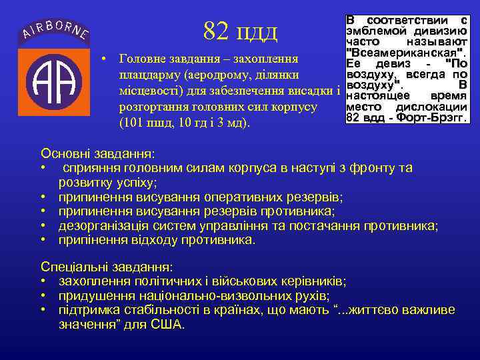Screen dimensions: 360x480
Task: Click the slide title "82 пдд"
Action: (240, 30)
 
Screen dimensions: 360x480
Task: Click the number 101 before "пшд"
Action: (131, 123)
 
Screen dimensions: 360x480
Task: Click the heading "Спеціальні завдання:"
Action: (107, 265)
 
